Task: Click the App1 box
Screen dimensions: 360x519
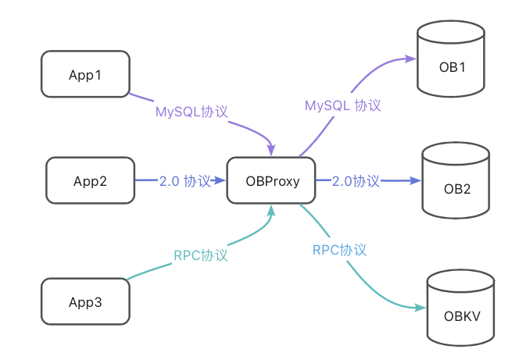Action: pyautogui.click(x=85, y=74)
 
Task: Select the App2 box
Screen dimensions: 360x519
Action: pyautogui.click(x=90, y=181)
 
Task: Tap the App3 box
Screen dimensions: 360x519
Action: pyautogui.click(x=85, y=301)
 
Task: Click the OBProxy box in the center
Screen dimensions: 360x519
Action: pyautogui.click(x=270, y=181)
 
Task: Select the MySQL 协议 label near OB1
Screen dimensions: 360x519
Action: pyautogui.click(x=342, y=104)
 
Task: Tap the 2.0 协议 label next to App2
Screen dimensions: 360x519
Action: pyautogui.click(x=184, y=181)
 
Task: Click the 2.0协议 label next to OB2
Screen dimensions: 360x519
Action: pyautogui.click(x=356, y=181)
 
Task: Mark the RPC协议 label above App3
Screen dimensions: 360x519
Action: pyautogui.click(x=200, y=255)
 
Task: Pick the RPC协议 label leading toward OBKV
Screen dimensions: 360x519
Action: pyautogui.click(x=339, y=250)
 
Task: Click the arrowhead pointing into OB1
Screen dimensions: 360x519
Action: pyautogui.click(x=410, y=58)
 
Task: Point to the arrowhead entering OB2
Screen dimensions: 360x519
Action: pyautogui.click(x=414, y=181)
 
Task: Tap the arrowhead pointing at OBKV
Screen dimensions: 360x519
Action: pyautogui.click(x=418, y=309)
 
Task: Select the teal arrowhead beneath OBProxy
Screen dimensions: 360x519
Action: pyautogui.click(x=271, y=210)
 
